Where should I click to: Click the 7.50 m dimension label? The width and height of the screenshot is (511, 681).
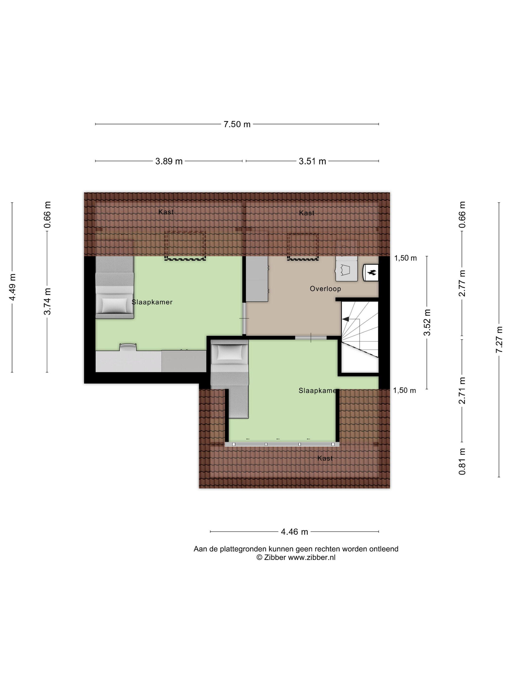pos(237,124)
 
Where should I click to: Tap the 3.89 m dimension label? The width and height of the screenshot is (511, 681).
pos(169,161)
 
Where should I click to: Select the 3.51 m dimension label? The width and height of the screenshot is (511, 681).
pos(312,161)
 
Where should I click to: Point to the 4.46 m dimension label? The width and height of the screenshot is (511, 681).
pos(294,532)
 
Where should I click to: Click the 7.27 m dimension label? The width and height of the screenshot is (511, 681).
pos(499,340)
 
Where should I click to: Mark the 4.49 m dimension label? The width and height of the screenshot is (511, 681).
pos(12,287)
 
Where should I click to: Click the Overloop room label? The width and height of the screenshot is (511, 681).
pos(325,289)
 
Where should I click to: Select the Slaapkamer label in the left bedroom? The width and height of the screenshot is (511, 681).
pos(152,302)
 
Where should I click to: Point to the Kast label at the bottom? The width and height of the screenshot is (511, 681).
pos(325,458)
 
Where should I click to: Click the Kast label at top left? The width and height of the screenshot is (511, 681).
pos(166,212)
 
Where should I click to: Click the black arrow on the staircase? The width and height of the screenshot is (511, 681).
pos(346,319)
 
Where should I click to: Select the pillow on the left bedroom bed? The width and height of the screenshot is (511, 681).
pos(114,306)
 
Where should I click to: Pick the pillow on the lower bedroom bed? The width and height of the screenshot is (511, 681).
pos(229,352)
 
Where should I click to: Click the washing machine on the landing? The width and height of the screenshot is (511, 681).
pos(347,269)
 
